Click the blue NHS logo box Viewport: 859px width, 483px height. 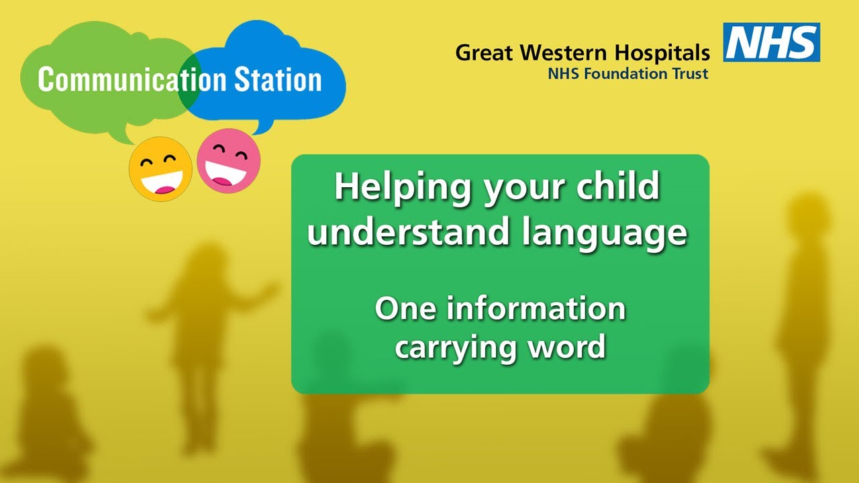tap(772, 42)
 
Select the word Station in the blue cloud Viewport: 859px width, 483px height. tap(278, 79)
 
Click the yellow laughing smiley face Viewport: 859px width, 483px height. tap(161, 169)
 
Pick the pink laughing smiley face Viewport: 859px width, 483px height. tap(228, 161)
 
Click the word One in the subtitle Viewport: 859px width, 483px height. tap(405, 309)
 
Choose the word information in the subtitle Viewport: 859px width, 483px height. tap(536, 309)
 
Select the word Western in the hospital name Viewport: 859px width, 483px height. tap(563, 53)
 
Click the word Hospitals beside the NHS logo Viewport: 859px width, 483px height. tap(662, 53)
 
